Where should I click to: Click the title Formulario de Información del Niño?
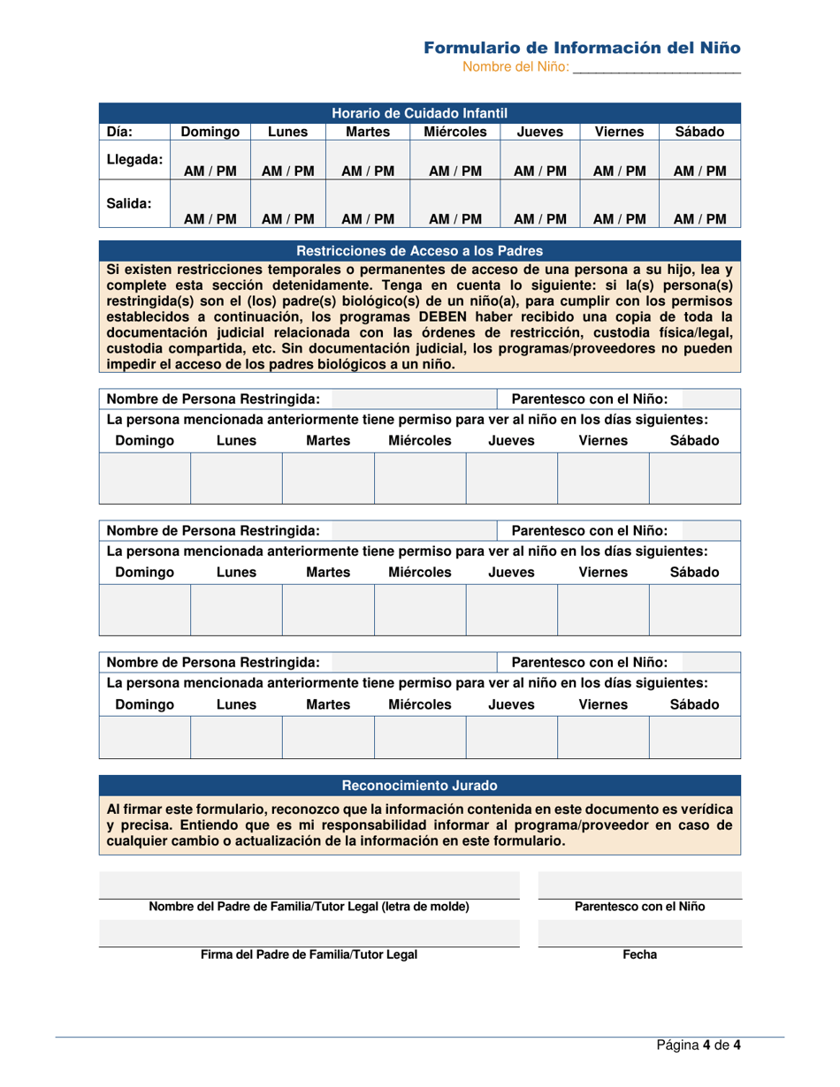click(582, 47)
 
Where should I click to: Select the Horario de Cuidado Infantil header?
click(419, 113)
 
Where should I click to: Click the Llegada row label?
click(134, 161)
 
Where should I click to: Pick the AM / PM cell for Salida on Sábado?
click(700, 218)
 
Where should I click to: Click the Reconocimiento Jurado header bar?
click(419, 785)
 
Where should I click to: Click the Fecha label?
click(639, 954)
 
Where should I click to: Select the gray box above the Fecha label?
click(639, 933)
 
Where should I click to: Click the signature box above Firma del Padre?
click(309, 933)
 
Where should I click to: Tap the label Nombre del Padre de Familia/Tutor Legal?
click(309, 907)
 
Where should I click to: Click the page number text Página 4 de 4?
click(698, 1045)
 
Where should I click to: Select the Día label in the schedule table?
click(119, 132)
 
